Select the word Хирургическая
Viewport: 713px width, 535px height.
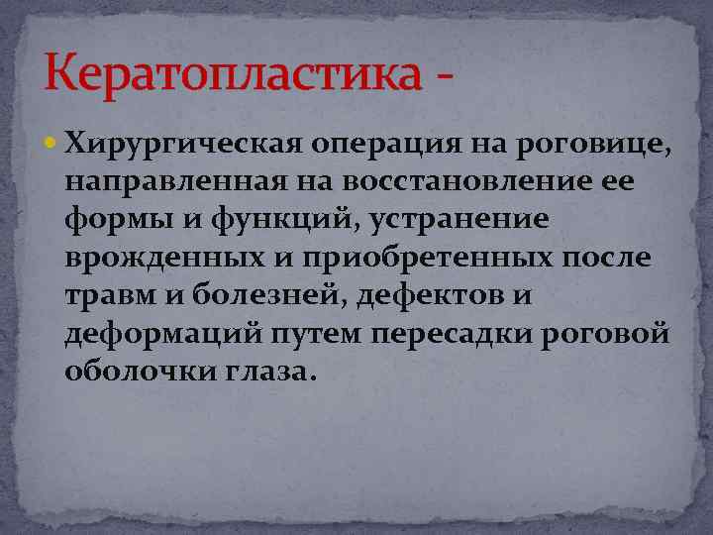click(x=183, y=147)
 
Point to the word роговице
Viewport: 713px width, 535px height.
click(x=594, y=147)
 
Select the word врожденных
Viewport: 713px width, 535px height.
click(x=162, y=258)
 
